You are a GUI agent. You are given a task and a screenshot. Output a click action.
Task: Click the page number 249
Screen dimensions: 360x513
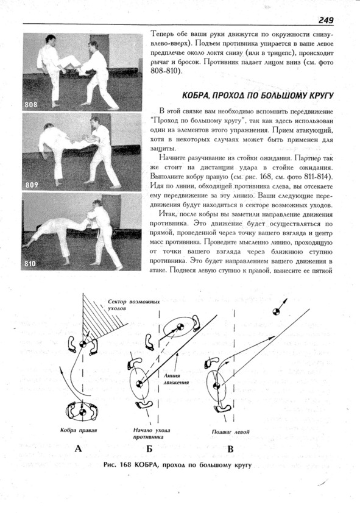click(326, 20)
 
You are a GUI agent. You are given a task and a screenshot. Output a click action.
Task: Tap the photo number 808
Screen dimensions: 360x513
click(31, 105)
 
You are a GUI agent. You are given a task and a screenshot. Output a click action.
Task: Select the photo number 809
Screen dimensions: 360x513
click(32, 185)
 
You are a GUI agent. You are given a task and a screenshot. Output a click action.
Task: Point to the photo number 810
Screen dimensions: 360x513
click(30, 263)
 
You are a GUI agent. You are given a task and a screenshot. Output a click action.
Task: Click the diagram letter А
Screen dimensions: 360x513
click(78, 448)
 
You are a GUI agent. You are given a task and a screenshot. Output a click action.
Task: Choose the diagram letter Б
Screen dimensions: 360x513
click(149, 448)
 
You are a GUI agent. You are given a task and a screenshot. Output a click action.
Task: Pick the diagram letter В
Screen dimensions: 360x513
click(230, 448)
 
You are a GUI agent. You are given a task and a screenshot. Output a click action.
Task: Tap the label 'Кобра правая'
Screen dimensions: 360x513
click(79, 430)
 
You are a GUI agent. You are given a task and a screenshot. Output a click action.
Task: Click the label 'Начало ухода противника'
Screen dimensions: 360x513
click(152, 434)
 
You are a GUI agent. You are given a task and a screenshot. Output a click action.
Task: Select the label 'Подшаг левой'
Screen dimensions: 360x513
click(230, 432)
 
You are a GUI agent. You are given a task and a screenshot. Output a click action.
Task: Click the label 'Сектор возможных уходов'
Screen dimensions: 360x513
click(134, 305)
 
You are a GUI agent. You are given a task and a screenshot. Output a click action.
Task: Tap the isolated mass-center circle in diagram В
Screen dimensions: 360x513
click(277, 311)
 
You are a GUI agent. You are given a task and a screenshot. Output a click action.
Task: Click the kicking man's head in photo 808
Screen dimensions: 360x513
click(51, 39)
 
